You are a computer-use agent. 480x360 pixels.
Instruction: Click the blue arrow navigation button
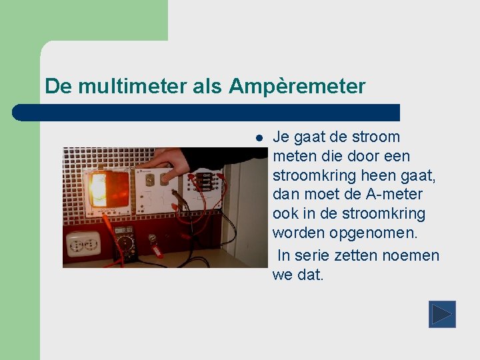(x=442, y=314)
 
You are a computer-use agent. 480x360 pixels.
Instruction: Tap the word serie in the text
(x=311, y=255)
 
